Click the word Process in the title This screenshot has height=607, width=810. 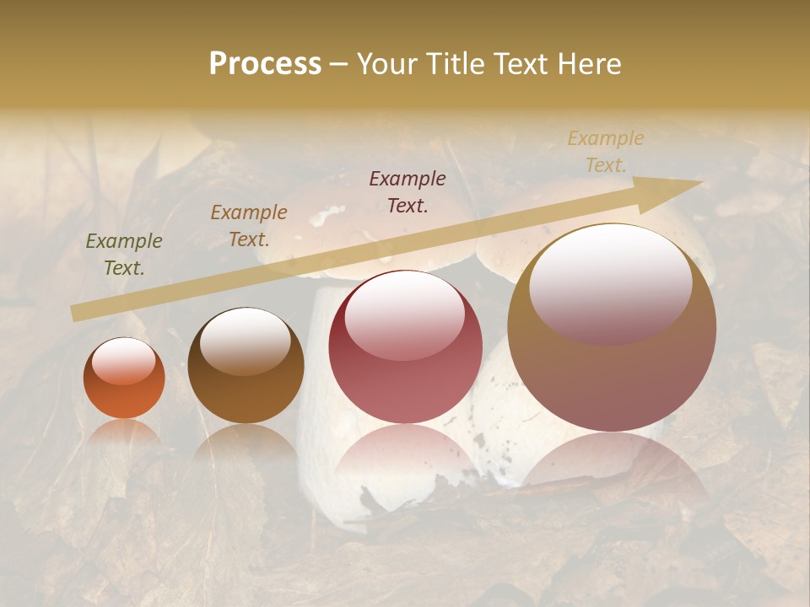[x=265, y=64]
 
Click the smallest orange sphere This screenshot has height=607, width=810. [x=124, y=379]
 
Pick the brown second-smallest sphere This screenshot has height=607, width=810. [x=246, y=367]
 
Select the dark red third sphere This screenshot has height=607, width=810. [x=405, y=347]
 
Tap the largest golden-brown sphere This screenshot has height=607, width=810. [x=612, y=329]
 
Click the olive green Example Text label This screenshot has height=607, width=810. [x=124, y=255]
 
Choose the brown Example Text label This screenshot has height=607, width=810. [x=249, y=226]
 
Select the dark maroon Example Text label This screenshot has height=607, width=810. [x=408, y=191]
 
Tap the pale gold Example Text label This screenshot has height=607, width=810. [x=606, y=151]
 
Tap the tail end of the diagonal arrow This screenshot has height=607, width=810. [x=78, y=314]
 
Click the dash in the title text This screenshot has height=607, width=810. [x=339, y=64]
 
